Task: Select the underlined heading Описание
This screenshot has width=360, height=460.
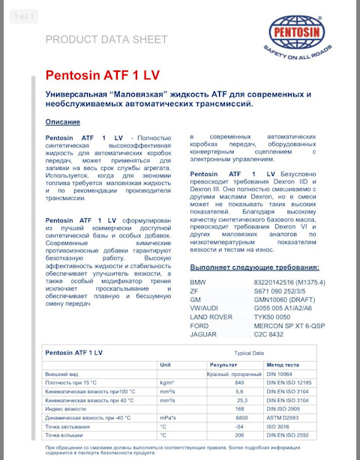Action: [63, 121]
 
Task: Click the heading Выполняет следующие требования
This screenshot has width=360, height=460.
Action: [255, 267]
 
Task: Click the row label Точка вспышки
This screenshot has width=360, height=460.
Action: [65, 435]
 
